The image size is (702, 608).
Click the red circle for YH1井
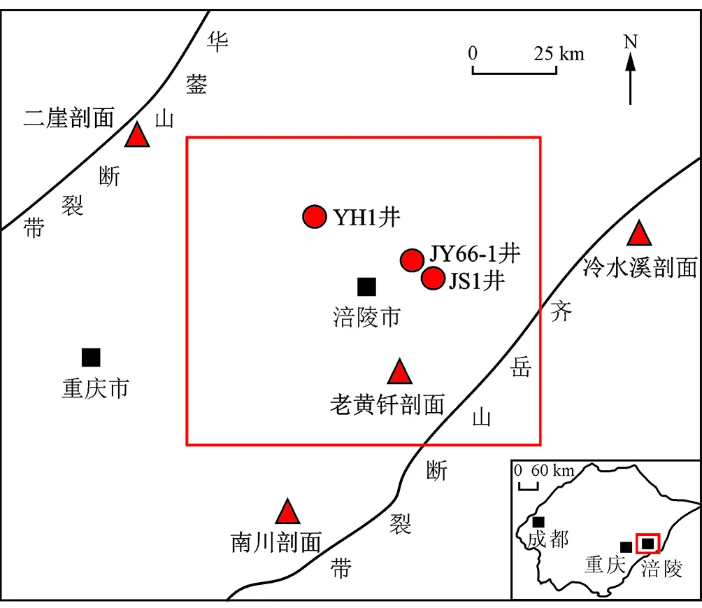(x=315, y=217)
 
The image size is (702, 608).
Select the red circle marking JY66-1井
(x=412, y=260)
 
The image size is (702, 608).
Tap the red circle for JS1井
(x=434, y=279)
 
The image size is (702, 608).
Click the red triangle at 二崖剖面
(x=138, y=136)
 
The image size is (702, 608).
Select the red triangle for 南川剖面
(x=287, y=513)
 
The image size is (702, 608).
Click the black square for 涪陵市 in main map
(x=366, y=286)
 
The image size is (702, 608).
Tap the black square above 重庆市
(x=91, y=357)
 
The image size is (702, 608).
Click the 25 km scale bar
(x=515, y=70)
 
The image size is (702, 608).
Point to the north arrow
(x=630, y=73)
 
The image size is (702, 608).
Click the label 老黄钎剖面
(x=387, y=404)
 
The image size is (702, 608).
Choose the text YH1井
(x=366, y=218)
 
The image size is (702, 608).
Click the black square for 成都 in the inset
(x=538, y=522)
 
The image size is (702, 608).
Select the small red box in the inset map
(x=648, y=544)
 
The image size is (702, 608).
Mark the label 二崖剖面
(x=69, y=118)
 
